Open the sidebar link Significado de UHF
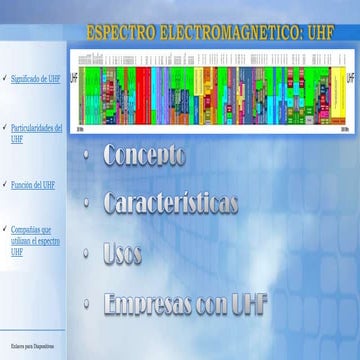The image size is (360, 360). pos(35,77)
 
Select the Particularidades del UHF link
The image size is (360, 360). pos(36,134)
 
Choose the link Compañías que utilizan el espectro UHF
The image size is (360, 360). pos(36,240)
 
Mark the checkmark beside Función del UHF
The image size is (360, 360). pos(5,185)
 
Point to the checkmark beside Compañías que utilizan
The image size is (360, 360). pos(5,229)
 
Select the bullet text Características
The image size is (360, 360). pos(170,203)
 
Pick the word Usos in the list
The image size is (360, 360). pos(122,254)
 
